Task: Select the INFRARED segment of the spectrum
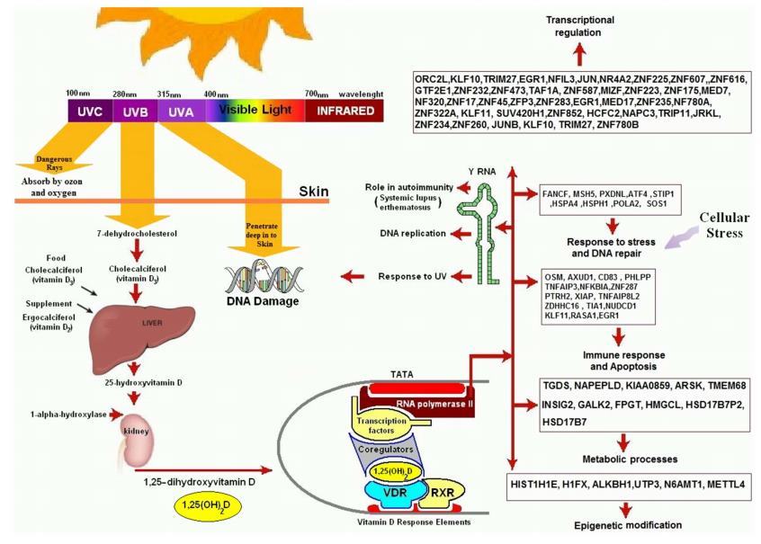(344, 111)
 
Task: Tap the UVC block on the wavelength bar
(87, 111)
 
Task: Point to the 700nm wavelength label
(317, 94)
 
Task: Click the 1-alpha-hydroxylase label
(58, 415)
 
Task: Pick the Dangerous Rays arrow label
(53, 163)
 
